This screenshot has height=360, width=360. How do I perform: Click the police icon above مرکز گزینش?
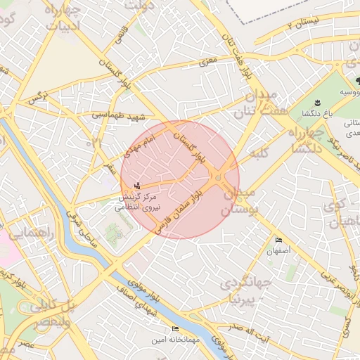[137, 186]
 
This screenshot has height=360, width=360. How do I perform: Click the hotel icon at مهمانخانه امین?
[175, 329]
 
